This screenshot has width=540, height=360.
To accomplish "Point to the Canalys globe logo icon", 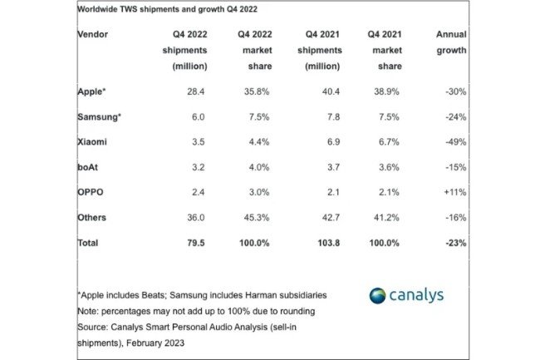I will [377, 297].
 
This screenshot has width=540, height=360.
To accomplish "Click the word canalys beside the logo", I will [419, 297].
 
